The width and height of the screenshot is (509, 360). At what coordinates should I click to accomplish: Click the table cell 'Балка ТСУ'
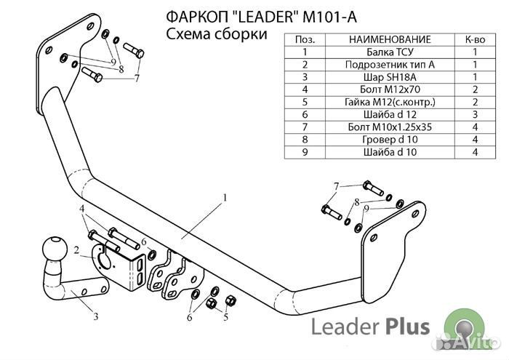pos(390,52)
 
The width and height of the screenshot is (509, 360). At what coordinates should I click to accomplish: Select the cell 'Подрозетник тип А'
pos(390,64)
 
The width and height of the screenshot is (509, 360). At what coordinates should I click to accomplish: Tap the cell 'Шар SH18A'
pos(390,76)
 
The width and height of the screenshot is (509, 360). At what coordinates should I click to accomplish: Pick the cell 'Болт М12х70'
pos(390,89)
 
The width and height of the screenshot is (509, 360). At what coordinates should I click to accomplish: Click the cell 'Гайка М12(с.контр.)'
pos(390,102)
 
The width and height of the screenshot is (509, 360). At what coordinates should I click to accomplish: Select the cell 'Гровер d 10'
pos(390,140)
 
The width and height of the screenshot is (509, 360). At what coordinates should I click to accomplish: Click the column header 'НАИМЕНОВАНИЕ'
pos(390,39)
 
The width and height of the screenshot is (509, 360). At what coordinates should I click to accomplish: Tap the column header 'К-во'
pos(475,39)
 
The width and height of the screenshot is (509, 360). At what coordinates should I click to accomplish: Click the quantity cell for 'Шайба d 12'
pos(475,114)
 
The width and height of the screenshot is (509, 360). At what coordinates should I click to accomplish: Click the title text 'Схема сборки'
pos(213,34)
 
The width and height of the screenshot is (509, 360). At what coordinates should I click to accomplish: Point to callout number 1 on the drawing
pos(225,197)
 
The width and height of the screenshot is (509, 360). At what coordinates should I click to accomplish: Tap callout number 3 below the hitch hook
pos(95,316)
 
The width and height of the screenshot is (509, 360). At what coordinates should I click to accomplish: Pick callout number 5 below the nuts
pos(225,318)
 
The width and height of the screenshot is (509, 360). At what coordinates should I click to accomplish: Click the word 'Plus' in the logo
pos(405,327)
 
